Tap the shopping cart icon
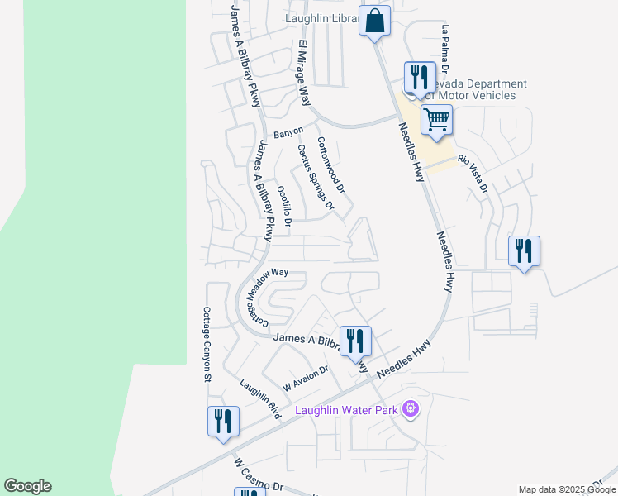coord(436,119)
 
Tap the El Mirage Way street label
coord(303,72)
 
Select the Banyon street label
coord(288,132)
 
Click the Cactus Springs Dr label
coord(316,176)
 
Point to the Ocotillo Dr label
coord(284,206)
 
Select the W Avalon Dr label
coord(306,379)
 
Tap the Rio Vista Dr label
coord(473,174)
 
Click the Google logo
coord(27,486)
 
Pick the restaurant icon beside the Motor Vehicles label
coord(419,78)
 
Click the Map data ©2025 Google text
coord(567,489)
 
